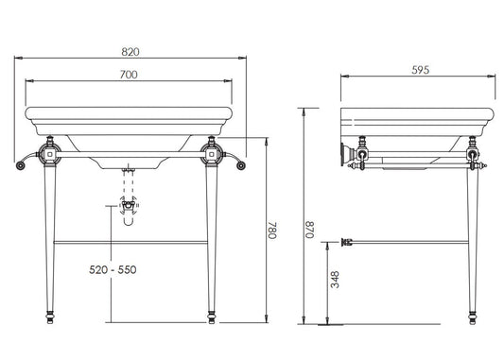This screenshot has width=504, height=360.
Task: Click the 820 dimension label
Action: click(x=130, y=52)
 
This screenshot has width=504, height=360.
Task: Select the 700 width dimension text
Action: click(x=129, y=75)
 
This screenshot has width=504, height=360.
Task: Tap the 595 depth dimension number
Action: click(x=421, y=70)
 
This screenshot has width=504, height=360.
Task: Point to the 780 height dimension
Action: click(x=272, y=230)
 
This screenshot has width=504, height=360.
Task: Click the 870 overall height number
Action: click(x=309, y=230)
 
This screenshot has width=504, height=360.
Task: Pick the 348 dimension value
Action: click(x=335, y=280)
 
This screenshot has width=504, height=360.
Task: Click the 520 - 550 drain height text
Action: click(x=113, y=269)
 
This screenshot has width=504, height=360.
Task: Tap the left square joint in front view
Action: click(x=49, y=154)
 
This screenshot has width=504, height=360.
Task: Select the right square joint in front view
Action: click(x=211, y=154)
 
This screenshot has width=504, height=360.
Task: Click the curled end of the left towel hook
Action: click(x=20, y=165)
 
